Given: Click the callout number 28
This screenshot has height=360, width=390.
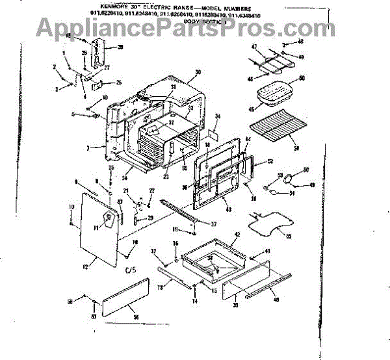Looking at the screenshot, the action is (120, 47).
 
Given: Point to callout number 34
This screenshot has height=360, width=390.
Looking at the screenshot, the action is (218, 117).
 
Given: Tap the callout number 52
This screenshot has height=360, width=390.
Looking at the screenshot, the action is (270, 161).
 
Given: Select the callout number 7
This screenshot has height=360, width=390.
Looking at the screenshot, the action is (88, 149).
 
